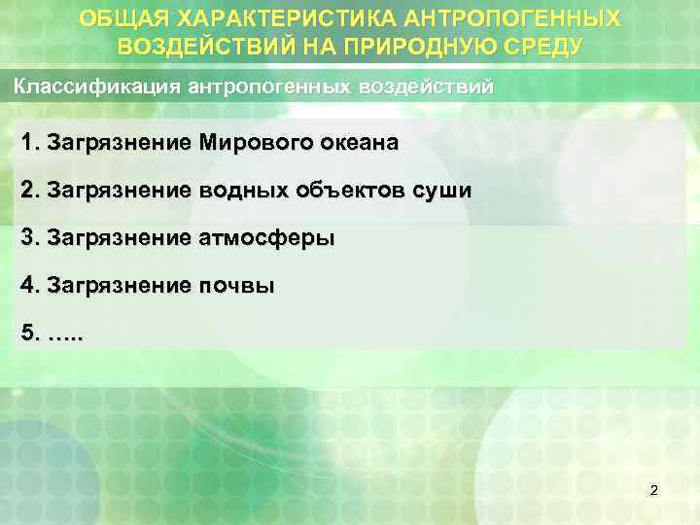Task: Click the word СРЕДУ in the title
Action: pos(538,46)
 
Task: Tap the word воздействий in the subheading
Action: pos(425,86)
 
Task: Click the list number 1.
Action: pos(27,144)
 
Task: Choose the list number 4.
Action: pos(27,286)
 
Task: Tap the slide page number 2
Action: pos(653,490)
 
